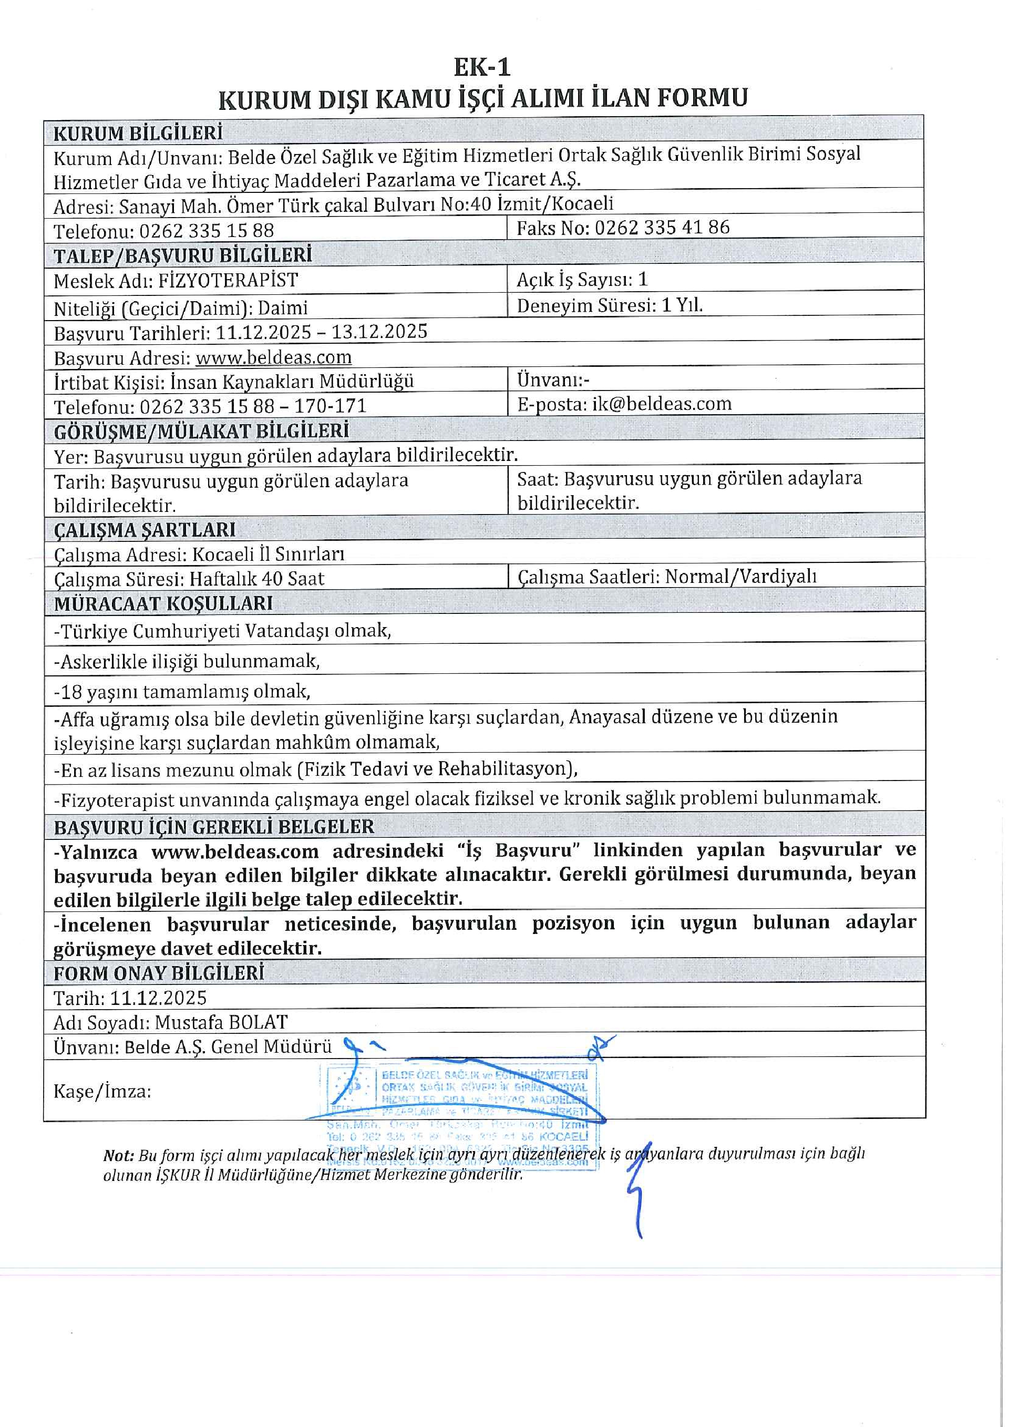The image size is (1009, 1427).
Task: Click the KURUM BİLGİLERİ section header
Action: (137, 133)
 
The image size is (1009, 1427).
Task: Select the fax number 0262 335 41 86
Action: (662, 228)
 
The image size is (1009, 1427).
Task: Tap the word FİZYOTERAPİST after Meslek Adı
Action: (228, 280)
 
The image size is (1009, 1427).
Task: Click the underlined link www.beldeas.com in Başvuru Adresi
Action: (273, 357)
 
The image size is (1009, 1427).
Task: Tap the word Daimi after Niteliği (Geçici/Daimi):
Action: (283, 307)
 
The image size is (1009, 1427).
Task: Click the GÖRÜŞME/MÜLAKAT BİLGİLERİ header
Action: (201, 430)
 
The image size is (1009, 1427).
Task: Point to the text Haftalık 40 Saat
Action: (256, 579)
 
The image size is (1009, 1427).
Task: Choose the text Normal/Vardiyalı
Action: (740, 577)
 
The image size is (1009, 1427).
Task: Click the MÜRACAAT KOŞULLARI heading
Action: (163, 603)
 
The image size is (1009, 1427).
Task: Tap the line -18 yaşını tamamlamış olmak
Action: (182, 691)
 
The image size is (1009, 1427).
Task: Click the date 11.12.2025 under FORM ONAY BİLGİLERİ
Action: (158, 998)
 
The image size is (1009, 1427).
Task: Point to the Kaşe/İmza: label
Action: (102, 1091)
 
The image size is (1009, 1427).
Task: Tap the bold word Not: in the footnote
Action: (118, 1155)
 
